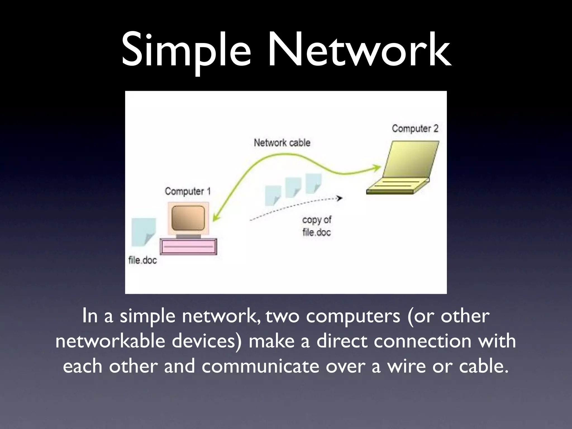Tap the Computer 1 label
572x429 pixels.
coord(187,191)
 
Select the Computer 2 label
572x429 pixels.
coord(415,128)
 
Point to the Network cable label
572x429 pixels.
coord(282,143)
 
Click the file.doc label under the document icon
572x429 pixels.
coord(142,260)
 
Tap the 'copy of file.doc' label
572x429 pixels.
coord(317,226)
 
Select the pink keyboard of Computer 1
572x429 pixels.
coord(188,246)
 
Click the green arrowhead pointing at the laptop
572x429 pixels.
coord(377,168)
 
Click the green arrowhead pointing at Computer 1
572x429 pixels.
coord(216,218)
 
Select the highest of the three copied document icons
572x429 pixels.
coord(313,183)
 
